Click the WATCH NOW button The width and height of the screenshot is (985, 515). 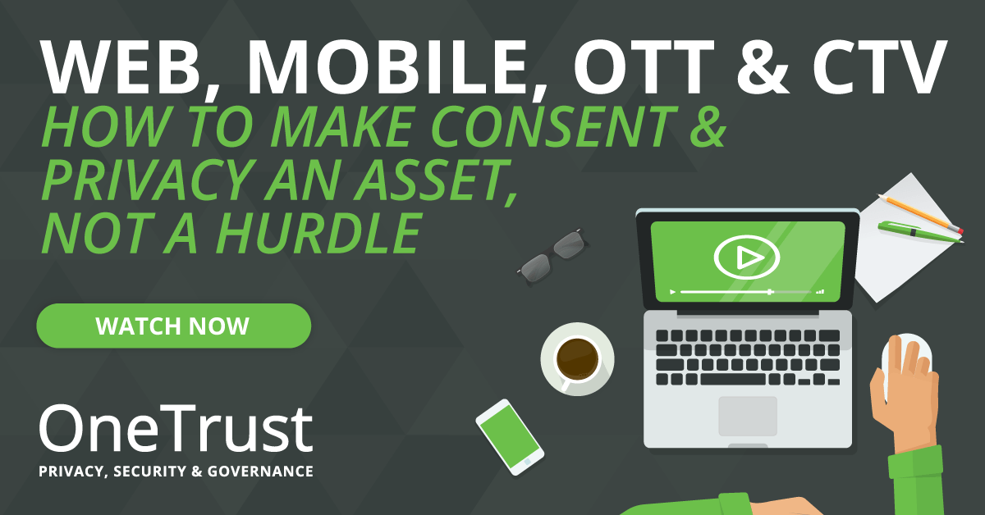(x=174, y=326)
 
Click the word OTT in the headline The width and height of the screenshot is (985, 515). (x=644, y=67)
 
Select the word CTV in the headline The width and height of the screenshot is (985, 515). (x=879, y=67)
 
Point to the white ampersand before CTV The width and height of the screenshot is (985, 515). (x=763, y=67)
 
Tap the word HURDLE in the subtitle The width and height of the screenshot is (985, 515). (x=319, y=234)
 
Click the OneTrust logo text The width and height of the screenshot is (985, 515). (x=176, y=428)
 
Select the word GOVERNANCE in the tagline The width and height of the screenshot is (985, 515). (x=260, y=471)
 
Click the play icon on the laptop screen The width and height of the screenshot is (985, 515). (x=746, y=257)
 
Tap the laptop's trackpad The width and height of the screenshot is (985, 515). (x=748, y=416)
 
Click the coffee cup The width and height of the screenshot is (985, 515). (x=577, y=359)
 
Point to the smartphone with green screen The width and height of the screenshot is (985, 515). (x=510, y=437)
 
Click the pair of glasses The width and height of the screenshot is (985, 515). (x=552, y=256)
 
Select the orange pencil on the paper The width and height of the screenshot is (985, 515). (x=920, y=213)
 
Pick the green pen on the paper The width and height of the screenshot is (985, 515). (x=920, y=231)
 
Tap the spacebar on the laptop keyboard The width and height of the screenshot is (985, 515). (x=732, y=379)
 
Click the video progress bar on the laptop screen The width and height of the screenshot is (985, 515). (x=746, y=292)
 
